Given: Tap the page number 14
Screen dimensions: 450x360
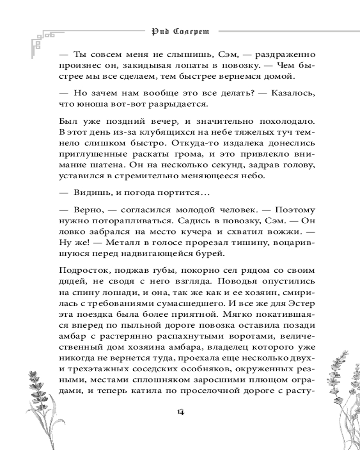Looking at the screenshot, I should click(x=181, y=412).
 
